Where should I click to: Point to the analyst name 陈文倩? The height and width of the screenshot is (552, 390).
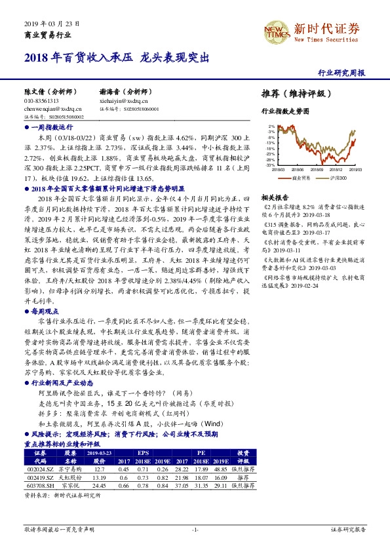[x=35, y=92]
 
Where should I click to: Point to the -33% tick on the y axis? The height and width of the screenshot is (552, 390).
[x=269, y=165]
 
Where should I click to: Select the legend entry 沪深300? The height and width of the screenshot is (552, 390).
[x=339, y=178]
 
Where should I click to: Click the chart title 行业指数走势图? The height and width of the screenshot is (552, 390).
[x=284, y=112]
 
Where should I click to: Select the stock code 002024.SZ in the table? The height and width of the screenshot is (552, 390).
[x=37, y=469]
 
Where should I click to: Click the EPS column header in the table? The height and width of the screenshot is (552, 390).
[x=142, y=453]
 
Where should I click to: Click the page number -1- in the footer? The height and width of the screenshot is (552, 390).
[x=195, y=529]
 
